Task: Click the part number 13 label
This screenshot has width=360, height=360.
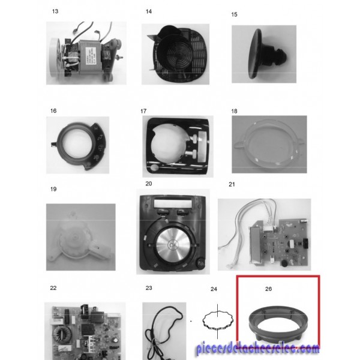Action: [55, 11]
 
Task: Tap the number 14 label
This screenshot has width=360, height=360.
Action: [149, 11]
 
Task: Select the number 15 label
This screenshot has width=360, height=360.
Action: [234, 14]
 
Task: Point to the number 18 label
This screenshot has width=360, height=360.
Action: [234, 111]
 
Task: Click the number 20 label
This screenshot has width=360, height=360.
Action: [149, 184]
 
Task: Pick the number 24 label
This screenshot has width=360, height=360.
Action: [214, 289]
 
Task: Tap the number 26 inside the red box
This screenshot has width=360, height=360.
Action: [268, 289]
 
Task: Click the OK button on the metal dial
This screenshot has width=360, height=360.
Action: [173, 245]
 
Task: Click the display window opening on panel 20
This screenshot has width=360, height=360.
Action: [173, 203]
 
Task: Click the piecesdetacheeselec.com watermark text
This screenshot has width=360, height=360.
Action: [257, 349]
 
